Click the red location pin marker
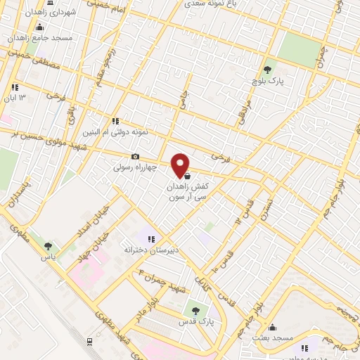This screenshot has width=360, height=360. pyautogui.click(x=181, y=165)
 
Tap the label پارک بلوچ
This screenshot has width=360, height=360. pyautogui.click(x=267, y=82)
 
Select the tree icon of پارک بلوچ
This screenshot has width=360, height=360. pyautogui.click(x=267, y=70)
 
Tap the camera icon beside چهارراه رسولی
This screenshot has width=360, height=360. pyautogui.click(x=135, y=157)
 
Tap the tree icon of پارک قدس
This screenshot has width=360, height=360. pyautogui.click(x=196, y=311)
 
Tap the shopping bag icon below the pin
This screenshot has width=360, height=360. pyautogui.click(x=187, y=176)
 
